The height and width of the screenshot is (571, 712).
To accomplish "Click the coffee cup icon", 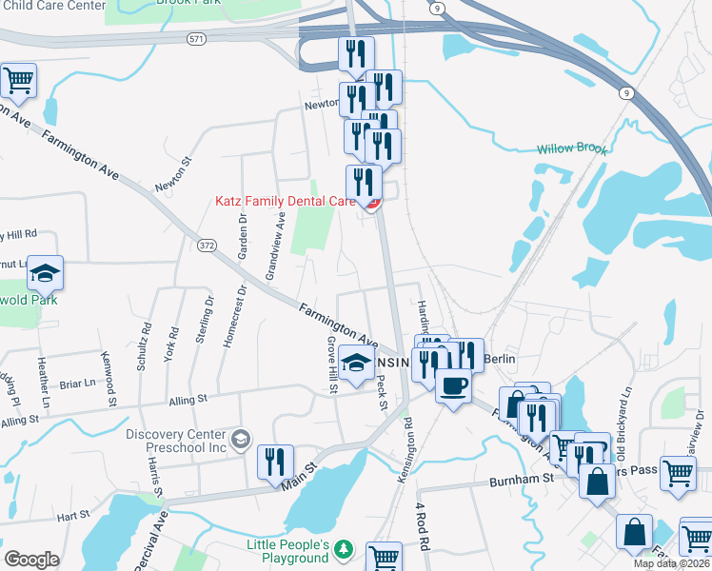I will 453,384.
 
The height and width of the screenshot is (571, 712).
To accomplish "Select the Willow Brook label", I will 571,148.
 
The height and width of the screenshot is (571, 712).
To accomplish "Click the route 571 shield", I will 196,39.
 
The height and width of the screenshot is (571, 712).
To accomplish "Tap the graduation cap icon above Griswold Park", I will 45,274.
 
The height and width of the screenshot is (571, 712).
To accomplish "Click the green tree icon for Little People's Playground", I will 345,549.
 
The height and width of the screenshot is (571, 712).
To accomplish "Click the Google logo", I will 31,560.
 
